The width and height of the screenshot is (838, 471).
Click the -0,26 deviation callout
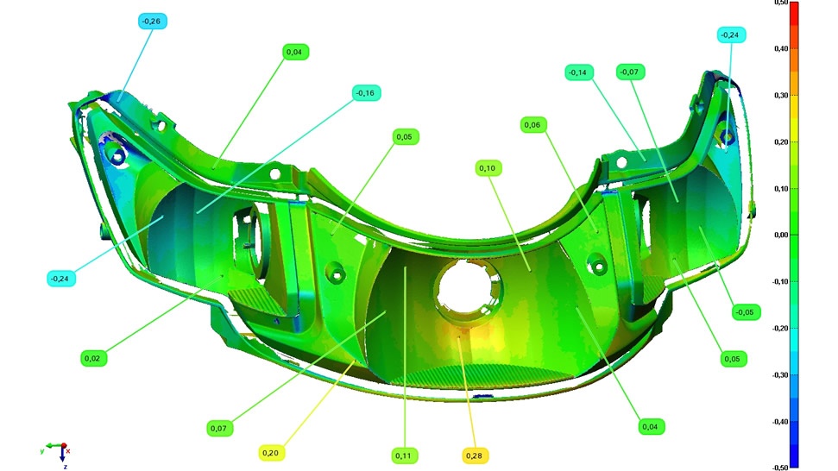[x=152, y=22]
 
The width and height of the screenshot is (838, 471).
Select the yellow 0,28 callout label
[x=474, y=455]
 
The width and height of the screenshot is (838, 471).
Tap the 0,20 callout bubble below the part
[x=270, y=453]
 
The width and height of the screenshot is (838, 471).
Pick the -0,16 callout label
[x=366, y=93]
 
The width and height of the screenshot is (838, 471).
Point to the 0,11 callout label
[x=404, y=455]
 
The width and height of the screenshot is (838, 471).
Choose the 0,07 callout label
[x=219, y=428]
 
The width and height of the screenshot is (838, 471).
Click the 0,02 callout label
[x=93, y=358]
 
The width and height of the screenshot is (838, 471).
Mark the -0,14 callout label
[x=578, y=72]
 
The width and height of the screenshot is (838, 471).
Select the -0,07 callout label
[x=630, y=72]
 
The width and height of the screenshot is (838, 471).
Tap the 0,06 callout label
[x=532, y=125]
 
